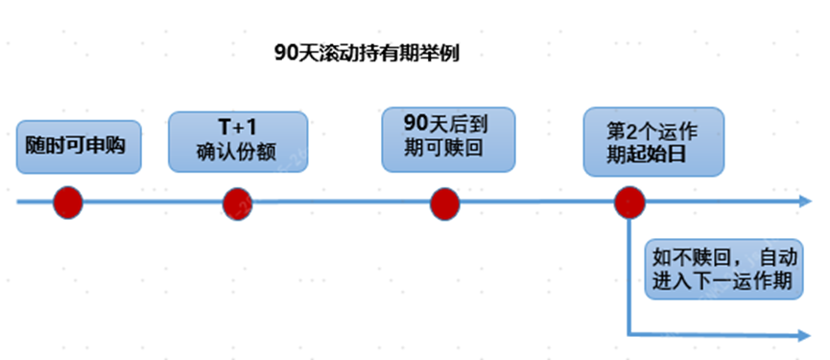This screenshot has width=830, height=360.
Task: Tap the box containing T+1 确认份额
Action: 238,141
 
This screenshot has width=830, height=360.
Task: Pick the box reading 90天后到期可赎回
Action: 447,139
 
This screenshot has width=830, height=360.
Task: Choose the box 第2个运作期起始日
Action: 652,143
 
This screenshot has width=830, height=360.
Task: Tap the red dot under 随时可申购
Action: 68,203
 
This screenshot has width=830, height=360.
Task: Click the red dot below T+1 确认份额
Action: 238,203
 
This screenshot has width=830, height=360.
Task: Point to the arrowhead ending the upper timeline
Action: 805,203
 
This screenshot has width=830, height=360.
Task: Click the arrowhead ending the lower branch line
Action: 805,335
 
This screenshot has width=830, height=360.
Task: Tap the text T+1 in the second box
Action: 238,128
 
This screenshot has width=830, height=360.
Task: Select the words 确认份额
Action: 238,153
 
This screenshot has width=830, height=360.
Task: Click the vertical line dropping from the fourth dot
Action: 628,278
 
